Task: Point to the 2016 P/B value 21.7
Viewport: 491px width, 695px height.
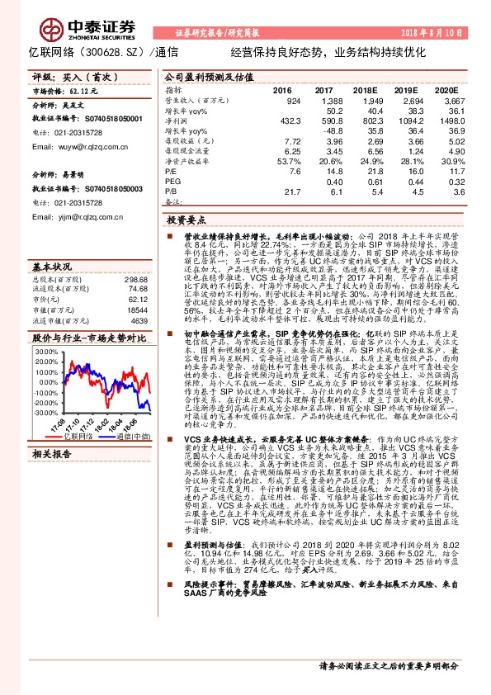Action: [x=292, y=191]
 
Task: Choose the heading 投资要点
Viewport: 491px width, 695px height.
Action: [x=186, y=221]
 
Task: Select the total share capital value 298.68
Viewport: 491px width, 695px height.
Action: [x=135, y=281]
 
